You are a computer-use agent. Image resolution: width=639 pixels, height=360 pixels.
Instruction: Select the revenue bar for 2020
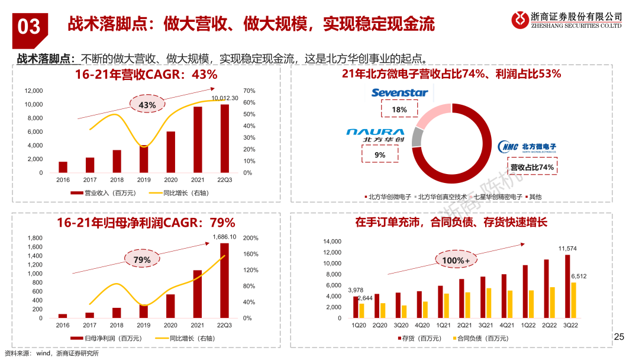click(170, 152)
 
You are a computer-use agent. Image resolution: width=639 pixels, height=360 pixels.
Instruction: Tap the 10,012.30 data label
click(225, 98)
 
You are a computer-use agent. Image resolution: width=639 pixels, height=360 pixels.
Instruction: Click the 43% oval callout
click(147, 105)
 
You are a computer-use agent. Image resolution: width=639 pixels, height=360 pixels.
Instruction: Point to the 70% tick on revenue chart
click(249, 91)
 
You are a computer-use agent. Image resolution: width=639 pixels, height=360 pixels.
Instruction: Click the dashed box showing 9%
click(380, 155)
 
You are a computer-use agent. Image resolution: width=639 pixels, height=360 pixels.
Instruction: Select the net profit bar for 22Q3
click(225, 281)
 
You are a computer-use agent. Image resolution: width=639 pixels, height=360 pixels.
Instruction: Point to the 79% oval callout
click(142, 259)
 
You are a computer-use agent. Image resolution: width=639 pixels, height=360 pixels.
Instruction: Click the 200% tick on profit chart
click(251, 238)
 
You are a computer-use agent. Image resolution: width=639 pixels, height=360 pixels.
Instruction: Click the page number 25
click(619, 337)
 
